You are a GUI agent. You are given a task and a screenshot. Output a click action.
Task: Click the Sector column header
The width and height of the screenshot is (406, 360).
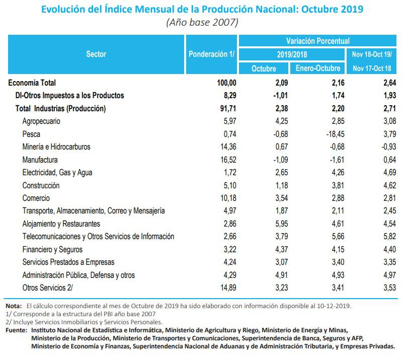pyautogui.click(x=96, y=54)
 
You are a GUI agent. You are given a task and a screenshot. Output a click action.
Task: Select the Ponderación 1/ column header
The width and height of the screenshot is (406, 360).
pyautogui.click(x=212, y=54)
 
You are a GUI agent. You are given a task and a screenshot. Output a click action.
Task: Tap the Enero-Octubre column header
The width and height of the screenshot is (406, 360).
pyautogui.click(x=318, y=68)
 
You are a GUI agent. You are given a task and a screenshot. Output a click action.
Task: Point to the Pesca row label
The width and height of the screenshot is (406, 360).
pyautogui.click(x=31, y=134)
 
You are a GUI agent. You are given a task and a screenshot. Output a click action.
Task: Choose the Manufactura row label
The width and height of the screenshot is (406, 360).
pyautogui.click(x=40, y=160)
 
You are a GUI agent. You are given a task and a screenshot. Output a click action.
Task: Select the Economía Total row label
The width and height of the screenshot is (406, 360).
pyautogui.click(x=32, y=83)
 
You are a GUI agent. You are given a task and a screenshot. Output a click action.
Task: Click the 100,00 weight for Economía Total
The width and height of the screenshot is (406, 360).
pyautogui.click(x=223, y=83)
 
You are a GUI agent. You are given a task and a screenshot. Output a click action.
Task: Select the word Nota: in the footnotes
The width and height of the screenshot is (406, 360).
pyautogui.click(x=14, y=306)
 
